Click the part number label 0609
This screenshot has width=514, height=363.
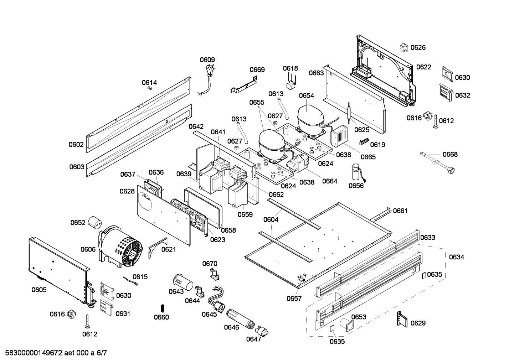pyautogui.click(x=207, y=60)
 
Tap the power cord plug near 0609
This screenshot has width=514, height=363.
pyautogui.click(x=210, y=69)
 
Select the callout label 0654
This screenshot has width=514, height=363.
pyautogui.click(x=306, y=95)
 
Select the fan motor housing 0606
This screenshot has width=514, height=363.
pyautogui.click(x=121, y=246)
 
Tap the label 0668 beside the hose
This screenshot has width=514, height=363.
pyautogui.click(x=450, y=154)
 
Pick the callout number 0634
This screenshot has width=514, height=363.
pyautogui.click(x=456, y=257)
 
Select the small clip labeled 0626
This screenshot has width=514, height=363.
pyautogui.click(x=404, y=47)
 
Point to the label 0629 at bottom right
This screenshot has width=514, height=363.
pyautogui.click(x=418, y=323)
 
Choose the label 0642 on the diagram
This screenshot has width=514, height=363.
pyautogui.click(x=196, y=126)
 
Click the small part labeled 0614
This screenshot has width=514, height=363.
pyautogui.click(x=150, y=88)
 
